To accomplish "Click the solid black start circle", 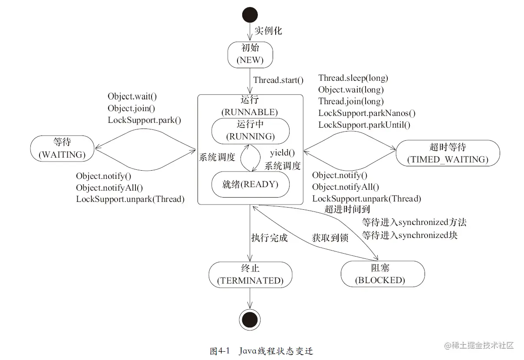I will point(250,16).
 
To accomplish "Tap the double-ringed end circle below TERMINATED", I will point(250,320).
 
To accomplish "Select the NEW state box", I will point(250,54).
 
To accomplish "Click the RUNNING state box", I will point(250,130).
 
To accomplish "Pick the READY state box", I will point(250,184).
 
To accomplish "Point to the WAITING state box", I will point(62,148).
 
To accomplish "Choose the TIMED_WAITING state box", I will point(448,153).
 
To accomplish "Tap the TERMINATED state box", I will point(250,274).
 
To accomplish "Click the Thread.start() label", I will point(278,80).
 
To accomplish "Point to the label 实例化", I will point(268,31).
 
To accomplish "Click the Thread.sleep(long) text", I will point(353,78).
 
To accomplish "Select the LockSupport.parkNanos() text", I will point(367,113).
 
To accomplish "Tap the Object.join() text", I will point(131,108).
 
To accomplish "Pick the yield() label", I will point(282,153).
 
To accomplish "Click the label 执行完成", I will point(269,238).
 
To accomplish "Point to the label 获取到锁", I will point(330,238).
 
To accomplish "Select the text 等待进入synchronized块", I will point(409,235).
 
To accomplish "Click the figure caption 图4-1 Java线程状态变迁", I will point(261,351).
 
